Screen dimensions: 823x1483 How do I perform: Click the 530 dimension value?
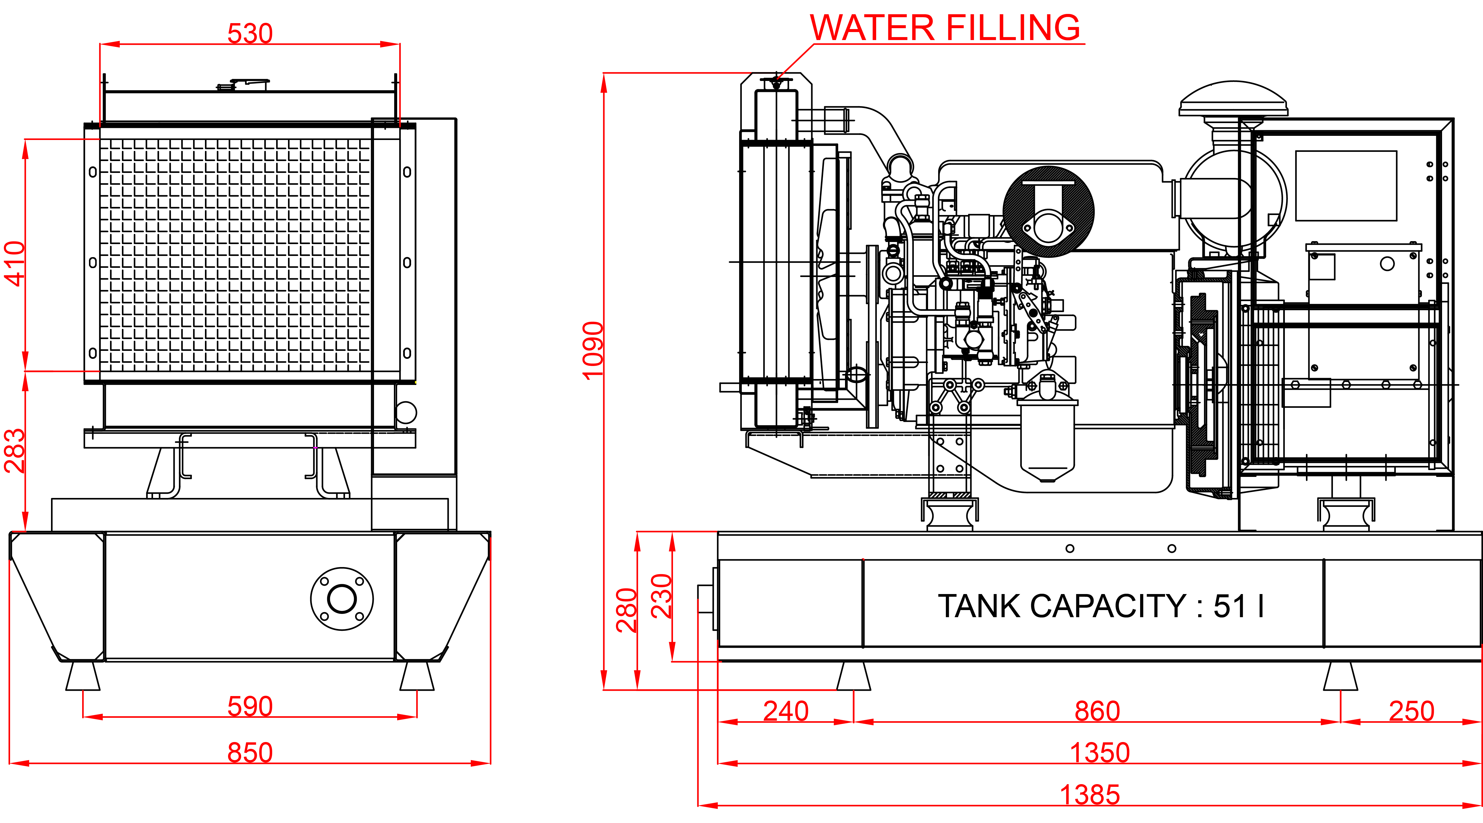(250, 34)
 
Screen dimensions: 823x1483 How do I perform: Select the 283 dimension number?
(15, 450)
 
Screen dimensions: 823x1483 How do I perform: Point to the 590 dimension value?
(250, 706)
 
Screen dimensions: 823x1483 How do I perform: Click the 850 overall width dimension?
(250, 752)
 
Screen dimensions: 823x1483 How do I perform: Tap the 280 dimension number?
(626, 610)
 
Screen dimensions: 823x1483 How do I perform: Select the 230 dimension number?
(661, 596)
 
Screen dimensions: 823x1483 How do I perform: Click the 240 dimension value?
(786, 711)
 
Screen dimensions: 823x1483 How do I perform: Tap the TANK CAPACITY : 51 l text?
(1101, 606)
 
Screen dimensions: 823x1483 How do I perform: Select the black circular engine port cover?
(1048, 211)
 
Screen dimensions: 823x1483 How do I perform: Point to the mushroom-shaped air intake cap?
(1233, 101)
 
